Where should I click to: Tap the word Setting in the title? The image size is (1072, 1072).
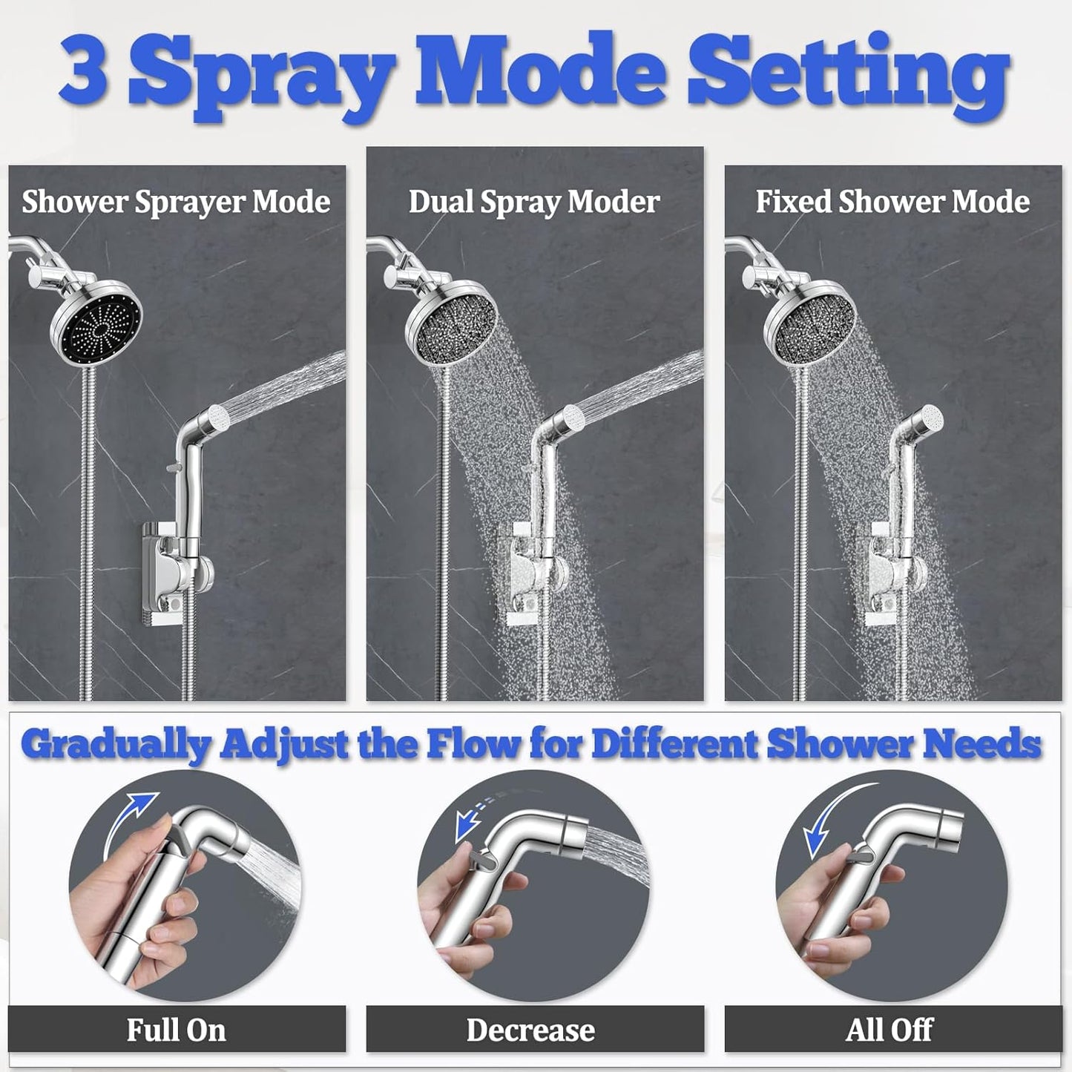click(x=853, y=74)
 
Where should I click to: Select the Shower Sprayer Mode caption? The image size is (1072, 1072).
click(x=176, y=202)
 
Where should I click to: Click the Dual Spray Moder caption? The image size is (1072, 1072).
click(x=534, y=202)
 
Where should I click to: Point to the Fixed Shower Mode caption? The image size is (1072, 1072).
click(x=892, y=202)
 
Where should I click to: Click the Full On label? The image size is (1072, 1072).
click(x=176, y=1030)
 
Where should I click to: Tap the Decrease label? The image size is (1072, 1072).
click(x=530, y=1030)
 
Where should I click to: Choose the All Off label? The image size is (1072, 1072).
click(x=889, y=1030)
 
